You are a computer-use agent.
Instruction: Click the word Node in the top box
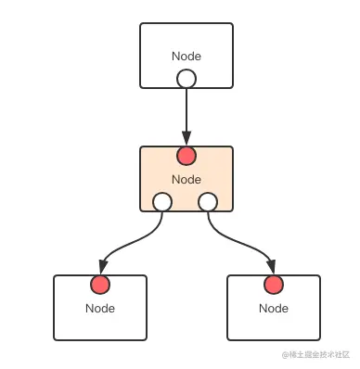click(186, 57)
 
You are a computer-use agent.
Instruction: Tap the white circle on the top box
click(186, 79)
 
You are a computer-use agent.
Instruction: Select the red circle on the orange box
click(186, 156)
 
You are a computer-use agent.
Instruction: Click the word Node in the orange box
click(186, 180)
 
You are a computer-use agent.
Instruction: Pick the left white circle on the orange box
click(162, 202)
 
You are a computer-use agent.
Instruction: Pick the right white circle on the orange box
click(208, 202)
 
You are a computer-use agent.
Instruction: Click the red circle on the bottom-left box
click(100, 285)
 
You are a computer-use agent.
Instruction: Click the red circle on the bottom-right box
click(274, 285)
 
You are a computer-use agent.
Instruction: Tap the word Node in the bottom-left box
click(100, 309)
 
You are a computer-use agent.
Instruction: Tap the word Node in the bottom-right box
click(274, 309)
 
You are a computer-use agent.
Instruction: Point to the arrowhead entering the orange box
click(186, 138)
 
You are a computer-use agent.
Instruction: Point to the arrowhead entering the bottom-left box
click(103, 267)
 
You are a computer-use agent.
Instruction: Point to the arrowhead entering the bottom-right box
click(271, 267)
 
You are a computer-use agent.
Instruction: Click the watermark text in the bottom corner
click(315, 354)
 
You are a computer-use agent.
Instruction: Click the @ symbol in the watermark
click(285, 355)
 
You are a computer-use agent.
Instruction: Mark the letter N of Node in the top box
click(176, 57)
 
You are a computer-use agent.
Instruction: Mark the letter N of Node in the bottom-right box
click(264, 309)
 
